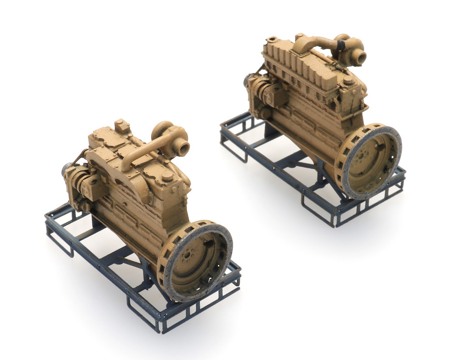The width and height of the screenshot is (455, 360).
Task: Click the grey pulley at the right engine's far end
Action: point(248,81)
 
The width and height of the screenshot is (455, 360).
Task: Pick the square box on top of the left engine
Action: point(122,126)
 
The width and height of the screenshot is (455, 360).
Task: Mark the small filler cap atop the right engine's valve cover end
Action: point(273,40)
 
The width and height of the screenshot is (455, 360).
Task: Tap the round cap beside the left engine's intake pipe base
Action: point(167,176)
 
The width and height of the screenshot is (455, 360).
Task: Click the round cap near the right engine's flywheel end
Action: point(348,80)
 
